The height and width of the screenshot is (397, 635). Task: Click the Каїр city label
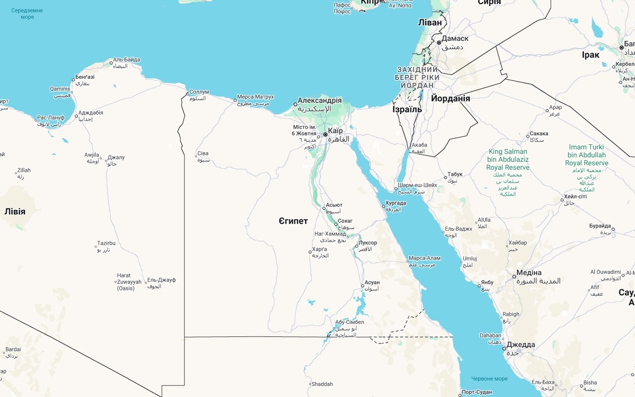point(335,131)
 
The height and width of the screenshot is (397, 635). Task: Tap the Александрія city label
point(319,100)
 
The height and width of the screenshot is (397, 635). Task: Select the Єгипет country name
point(293,221)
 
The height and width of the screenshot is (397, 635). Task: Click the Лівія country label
point(15,211)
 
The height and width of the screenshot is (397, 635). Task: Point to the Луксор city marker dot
point(356,246)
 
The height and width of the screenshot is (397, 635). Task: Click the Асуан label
point(372,282)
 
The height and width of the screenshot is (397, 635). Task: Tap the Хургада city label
point(395,203)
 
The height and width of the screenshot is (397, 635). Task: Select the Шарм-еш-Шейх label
point(418,185)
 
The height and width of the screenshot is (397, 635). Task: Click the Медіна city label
point(529,272)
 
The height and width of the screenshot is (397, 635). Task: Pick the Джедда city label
point(521,345)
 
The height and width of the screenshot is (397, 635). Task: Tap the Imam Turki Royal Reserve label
point(586,155)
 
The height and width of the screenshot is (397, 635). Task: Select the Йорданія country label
point(450,98)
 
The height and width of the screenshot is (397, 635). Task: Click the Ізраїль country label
point(407,110)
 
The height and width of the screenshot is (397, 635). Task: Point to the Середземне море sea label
point(27,13)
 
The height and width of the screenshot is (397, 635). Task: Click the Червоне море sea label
point(489,379)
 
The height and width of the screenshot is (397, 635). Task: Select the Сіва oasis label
point(203,153)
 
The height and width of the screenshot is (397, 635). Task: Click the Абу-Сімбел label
point(349,322)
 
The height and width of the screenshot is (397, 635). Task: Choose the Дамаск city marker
point(439,43)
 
